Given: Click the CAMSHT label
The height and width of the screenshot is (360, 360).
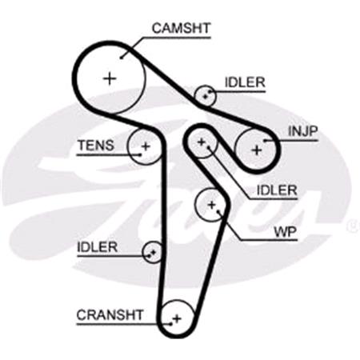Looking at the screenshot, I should click(x=180, y=29).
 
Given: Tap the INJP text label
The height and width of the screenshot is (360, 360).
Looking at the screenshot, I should click(x=304, y=130).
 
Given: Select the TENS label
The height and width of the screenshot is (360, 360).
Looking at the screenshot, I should click(x=95, y=146).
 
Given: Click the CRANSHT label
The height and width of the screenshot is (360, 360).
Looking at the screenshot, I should click(x=110, y=314).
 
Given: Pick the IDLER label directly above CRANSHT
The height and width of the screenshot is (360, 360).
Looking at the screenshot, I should click(x=97, y=247).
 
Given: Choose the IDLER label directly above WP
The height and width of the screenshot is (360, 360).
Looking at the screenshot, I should click(x=277, y=190).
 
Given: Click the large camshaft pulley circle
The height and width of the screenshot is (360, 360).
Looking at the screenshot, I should click(x=110, y=78).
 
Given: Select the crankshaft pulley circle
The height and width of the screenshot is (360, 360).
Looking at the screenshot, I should click(x=177, y=318).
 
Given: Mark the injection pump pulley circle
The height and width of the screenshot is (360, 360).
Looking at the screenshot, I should click(x=257, y=148).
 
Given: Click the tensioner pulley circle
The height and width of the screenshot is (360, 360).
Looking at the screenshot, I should click(x=146, y=146).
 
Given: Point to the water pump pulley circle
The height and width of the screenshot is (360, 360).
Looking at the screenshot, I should click(x=212, y=205).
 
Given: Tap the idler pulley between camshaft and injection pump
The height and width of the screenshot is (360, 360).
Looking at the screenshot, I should click(x=207, y=96).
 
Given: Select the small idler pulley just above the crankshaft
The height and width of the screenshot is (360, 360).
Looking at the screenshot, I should click(x=152, y=253).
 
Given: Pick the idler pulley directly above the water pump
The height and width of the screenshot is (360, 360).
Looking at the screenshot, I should click(x=202, y=145).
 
